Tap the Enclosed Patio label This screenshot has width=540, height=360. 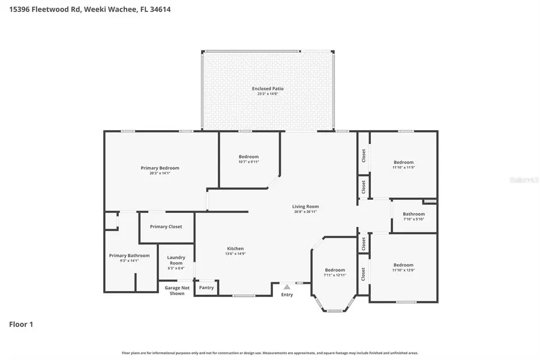tap(268, 89)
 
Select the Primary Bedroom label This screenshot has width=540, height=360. tap(160, 168)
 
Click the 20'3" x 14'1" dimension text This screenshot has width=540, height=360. tap(160, 173)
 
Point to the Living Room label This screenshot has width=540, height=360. tap(305, 206)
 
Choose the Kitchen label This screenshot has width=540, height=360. tap(235, 248)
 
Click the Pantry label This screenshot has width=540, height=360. tap(206, 288)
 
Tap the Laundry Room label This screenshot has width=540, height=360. tap(175, 260)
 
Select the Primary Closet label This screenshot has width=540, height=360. tap(166, 227)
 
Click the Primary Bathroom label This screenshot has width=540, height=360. tap(129, 256)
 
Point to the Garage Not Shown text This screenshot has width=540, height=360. tap(177, 290)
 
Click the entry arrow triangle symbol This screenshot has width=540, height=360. tap(287, 287)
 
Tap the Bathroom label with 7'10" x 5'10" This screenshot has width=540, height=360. tap(413, 214)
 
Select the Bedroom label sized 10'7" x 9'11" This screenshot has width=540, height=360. tap(248, 157)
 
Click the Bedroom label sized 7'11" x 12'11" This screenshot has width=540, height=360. tap(335, 270)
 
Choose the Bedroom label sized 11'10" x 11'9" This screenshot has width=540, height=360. tap(403, 162)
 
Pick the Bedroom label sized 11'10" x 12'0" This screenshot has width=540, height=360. tap(403, 265)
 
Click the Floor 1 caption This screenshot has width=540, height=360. tap(21, 325)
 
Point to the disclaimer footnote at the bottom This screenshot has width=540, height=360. tap(270, 353)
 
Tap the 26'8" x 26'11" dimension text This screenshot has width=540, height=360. tap(305, 212)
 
